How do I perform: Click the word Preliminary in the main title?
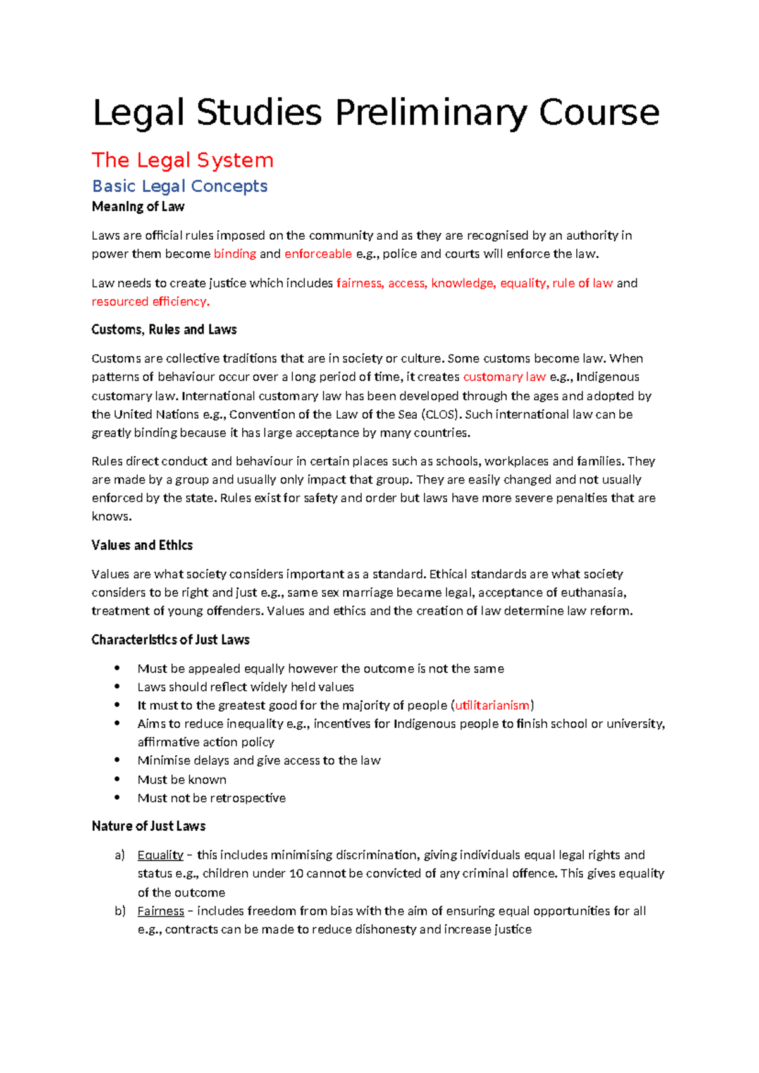(x=433, y=113)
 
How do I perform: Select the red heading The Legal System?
(x=182, y=160)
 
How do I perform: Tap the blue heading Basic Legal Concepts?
(x=180, y=186)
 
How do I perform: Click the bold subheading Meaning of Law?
(x=138, y=207)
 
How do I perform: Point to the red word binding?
(x=235, y=254)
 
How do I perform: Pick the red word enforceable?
(x=318, y=254)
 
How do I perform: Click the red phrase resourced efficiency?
(x=150, y=301)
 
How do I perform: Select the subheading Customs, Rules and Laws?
(x=164, y=330)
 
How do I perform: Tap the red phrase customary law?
(x=504, y=376)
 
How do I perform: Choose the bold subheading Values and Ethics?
(x=142, y=545)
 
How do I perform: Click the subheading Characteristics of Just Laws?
(x=170, y=640)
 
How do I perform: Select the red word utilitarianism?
(x=492, y=705)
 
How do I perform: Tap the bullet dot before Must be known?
(x=117, y=779)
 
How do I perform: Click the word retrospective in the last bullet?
(x=248, y=798)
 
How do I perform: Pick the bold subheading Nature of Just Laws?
(x=149, y=826)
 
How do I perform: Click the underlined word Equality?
(x=160, y=855)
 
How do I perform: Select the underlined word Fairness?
(x=161, y=911)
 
